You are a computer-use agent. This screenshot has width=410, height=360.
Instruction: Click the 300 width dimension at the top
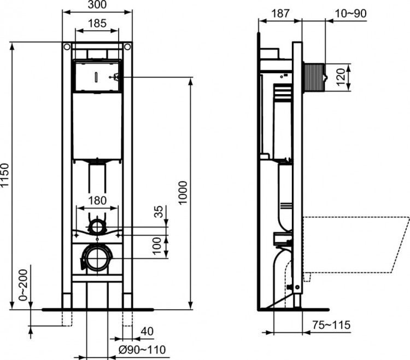[98, 5]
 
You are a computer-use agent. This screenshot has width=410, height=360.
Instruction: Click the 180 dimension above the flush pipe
[98, 200]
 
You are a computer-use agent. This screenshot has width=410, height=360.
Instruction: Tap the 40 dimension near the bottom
[148, 332]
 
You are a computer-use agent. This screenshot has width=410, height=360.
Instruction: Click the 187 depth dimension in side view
[280, 13]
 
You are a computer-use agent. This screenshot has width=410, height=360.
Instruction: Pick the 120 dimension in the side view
[341, 78]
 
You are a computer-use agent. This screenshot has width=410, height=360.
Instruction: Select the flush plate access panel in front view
[96, 78]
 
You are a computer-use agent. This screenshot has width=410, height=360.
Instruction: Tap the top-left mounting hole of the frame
[67, 47]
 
